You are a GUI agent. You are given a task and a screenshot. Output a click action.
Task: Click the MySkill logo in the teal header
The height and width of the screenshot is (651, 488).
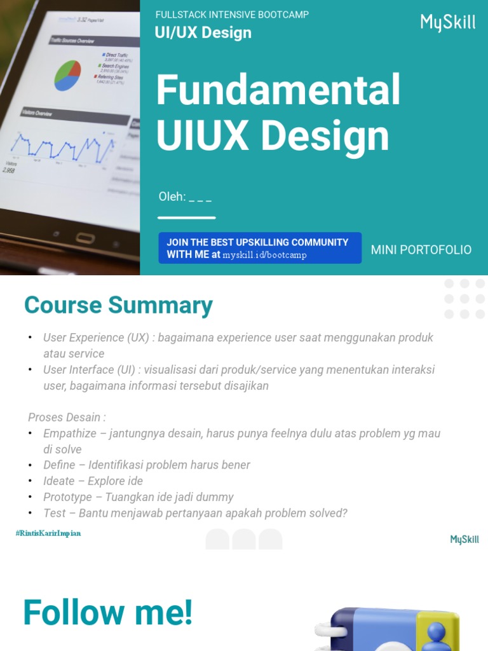click(448, 23)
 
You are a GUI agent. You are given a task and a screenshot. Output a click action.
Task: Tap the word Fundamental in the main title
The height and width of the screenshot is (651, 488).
click(278, 90)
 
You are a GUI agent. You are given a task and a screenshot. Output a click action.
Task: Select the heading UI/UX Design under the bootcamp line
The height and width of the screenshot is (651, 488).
click(203, 33)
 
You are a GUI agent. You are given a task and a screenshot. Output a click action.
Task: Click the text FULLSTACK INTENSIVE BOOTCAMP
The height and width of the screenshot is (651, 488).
click(232, 15)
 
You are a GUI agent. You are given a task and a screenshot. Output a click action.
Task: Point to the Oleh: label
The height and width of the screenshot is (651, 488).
click(172, 197)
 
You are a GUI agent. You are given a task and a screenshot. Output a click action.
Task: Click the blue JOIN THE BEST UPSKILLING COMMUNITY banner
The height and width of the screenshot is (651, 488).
click(260, 248)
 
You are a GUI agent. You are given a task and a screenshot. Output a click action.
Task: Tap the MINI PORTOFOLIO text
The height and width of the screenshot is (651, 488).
click(421, 250)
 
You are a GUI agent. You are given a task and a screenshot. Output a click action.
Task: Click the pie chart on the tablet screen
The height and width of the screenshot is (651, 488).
click(68, 75)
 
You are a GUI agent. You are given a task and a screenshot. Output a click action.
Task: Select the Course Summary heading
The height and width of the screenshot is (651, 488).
click(118, 305)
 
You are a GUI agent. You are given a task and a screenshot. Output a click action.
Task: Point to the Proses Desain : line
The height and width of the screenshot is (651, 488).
click(67, 418)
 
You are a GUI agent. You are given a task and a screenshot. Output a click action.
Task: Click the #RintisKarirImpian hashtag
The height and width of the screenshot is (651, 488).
click(48, 533)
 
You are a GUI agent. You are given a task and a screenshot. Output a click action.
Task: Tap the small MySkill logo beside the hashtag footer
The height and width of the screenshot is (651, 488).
click(464, 540)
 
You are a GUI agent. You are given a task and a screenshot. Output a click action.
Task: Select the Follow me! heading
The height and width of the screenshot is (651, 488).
click(107, 613)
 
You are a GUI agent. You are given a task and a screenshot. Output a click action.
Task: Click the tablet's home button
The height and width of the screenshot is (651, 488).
click(85, 238)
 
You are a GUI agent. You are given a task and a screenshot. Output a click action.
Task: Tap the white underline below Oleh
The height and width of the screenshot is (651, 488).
click(186, 217)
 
